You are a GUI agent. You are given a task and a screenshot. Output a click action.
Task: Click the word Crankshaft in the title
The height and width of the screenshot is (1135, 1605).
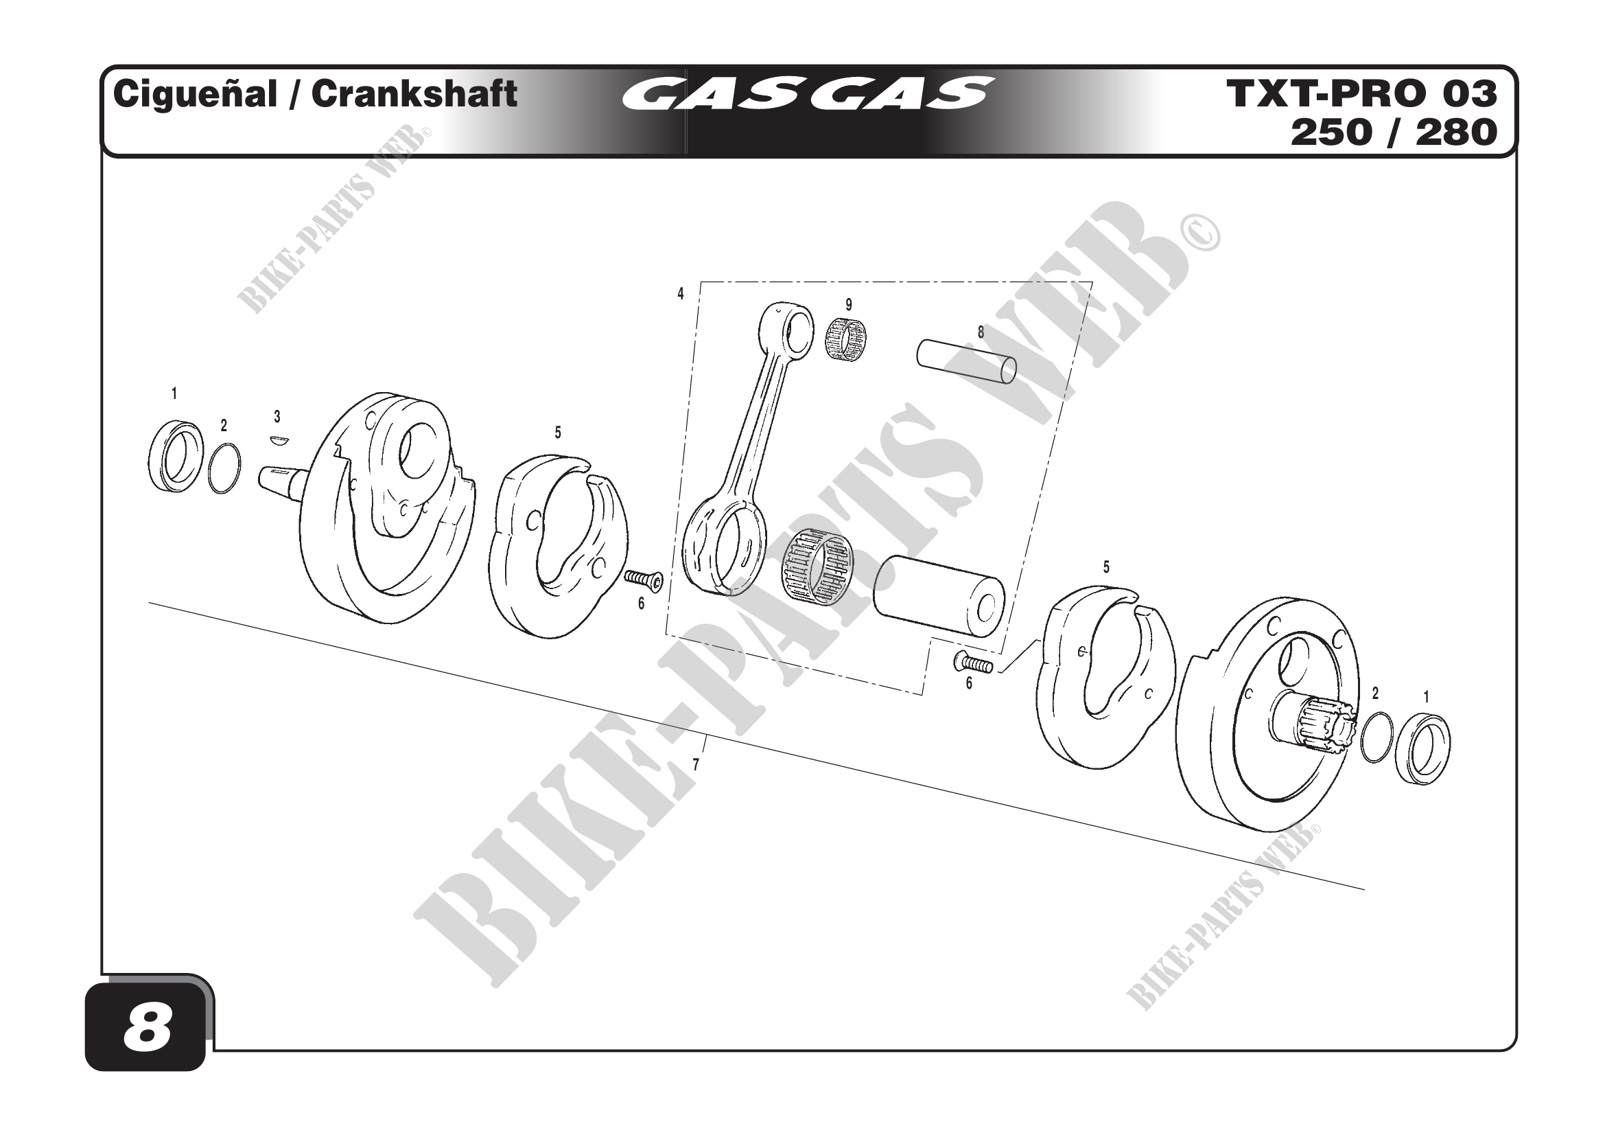(x=414, y=94)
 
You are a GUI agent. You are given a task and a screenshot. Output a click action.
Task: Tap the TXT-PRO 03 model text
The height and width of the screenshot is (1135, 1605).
(x=1361, y=93)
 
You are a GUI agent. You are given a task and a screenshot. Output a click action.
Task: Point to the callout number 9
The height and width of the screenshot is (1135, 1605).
(x=849, y=305)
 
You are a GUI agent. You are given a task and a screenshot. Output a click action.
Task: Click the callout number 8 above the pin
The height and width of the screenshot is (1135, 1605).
(x=981, y=333)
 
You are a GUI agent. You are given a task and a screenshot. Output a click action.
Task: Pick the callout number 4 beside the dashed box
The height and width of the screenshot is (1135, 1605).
(x=680, y=295)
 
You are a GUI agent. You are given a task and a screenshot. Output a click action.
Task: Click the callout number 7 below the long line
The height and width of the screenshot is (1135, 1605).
(x=696, y=765)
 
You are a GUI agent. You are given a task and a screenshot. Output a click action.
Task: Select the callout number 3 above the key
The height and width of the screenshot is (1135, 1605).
(x=277, y=417)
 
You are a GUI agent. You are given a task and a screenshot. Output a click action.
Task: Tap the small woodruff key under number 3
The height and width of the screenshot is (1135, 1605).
(x=278, y=440)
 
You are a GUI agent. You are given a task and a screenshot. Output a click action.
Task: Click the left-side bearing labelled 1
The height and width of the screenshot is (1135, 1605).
(x=176, y=455)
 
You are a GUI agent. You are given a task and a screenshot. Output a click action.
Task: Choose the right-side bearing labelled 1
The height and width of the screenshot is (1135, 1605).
(x=1422, y=748)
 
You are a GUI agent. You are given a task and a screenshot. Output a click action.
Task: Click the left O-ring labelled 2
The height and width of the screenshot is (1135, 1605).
(x=224, y=469)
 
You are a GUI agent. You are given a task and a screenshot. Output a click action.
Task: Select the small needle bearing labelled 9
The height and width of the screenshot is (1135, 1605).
(x=845, y=339)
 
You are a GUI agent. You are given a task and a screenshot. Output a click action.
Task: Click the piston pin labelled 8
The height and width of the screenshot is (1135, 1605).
(x=967, y=363)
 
